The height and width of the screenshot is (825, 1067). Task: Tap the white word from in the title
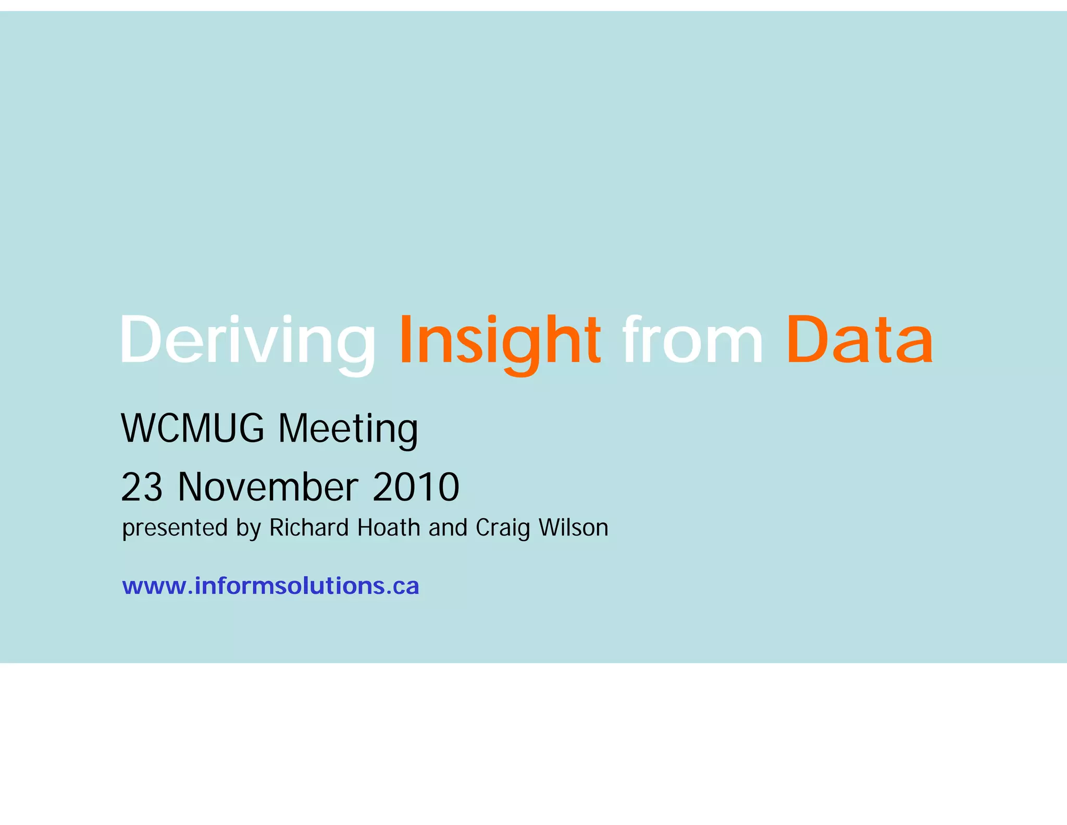693,340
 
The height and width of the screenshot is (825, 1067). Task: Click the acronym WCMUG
193,428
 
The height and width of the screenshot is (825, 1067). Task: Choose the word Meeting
348,429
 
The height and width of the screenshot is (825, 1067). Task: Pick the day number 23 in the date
142,487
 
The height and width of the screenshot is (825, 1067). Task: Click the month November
268,487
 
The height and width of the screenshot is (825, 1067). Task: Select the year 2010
416,487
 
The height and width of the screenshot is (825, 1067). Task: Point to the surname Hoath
389,527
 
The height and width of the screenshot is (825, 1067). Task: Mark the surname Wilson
574,527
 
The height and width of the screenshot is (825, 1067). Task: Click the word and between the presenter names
448,527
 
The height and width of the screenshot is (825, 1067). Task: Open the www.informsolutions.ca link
270,586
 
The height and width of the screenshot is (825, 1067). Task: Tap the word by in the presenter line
248,528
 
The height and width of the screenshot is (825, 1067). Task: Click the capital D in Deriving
140,340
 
